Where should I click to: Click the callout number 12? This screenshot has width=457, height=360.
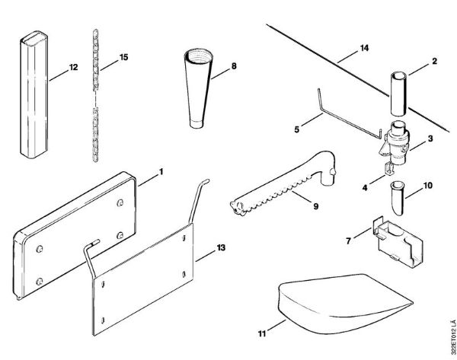coord(74,68)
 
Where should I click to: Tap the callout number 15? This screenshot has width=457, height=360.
coord(124,58)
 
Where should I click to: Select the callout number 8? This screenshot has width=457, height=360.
coord(234,67)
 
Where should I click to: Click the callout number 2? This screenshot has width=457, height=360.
coord(434,61)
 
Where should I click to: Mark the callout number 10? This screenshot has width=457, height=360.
coord(428,184)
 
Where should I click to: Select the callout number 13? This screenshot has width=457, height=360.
coord(222,249)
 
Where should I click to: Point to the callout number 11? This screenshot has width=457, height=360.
coord(261,333)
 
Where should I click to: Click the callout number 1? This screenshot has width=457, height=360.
coord(161,171)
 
